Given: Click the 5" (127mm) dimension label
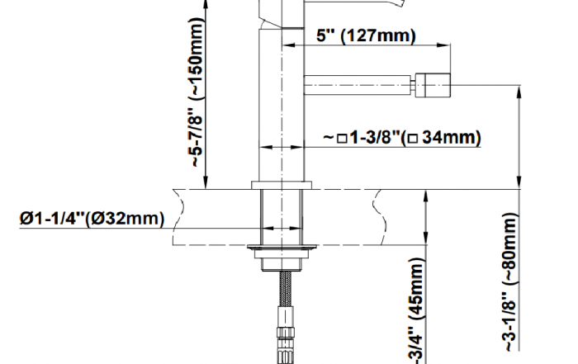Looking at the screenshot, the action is point(366,35).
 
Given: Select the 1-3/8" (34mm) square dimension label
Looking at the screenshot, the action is point(402,137).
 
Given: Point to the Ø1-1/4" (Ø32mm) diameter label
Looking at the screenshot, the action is point(92,219).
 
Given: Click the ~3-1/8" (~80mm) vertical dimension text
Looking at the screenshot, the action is point(511,281).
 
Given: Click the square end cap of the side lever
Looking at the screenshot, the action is point(433,86).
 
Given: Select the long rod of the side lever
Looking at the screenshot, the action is point(358,85).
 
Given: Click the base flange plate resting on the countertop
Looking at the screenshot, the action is point(282,185).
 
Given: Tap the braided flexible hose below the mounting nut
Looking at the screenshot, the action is point(287,289).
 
